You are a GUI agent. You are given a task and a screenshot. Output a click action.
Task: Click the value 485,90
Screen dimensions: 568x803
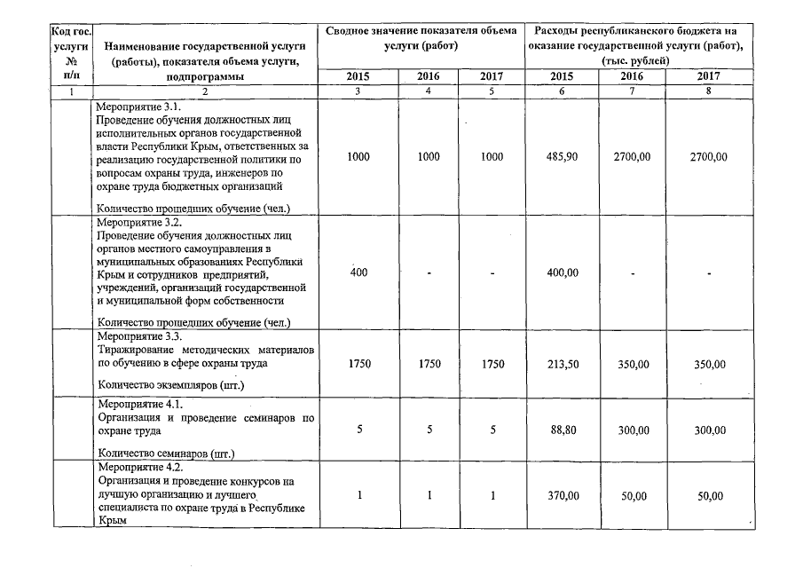563,156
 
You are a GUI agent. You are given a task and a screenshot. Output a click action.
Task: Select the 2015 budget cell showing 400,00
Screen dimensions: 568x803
563,272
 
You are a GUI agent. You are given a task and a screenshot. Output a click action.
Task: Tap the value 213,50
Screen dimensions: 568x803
563,365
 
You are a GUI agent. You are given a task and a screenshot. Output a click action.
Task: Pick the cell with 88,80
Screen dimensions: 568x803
563,430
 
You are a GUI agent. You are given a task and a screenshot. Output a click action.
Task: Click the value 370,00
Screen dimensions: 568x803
563,496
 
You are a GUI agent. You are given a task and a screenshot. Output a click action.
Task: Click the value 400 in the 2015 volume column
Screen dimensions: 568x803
358,272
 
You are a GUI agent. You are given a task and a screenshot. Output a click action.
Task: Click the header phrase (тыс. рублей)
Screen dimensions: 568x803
635,59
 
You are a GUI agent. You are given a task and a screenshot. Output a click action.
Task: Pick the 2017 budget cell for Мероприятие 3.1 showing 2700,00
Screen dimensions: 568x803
709,156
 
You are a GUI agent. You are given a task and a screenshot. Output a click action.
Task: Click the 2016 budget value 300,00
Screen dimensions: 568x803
634,430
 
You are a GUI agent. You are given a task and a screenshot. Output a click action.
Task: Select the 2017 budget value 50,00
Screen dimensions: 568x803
709,496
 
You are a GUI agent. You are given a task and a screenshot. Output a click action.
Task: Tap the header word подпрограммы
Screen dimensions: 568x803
205,76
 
